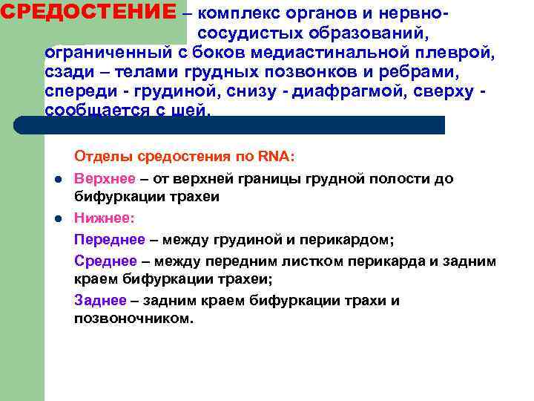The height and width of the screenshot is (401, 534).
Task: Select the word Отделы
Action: (98, 157)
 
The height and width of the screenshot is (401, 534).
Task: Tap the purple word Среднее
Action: (105, 261)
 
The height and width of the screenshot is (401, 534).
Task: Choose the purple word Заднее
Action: (99, 301)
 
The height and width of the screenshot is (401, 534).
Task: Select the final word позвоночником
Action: (133, 319)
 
